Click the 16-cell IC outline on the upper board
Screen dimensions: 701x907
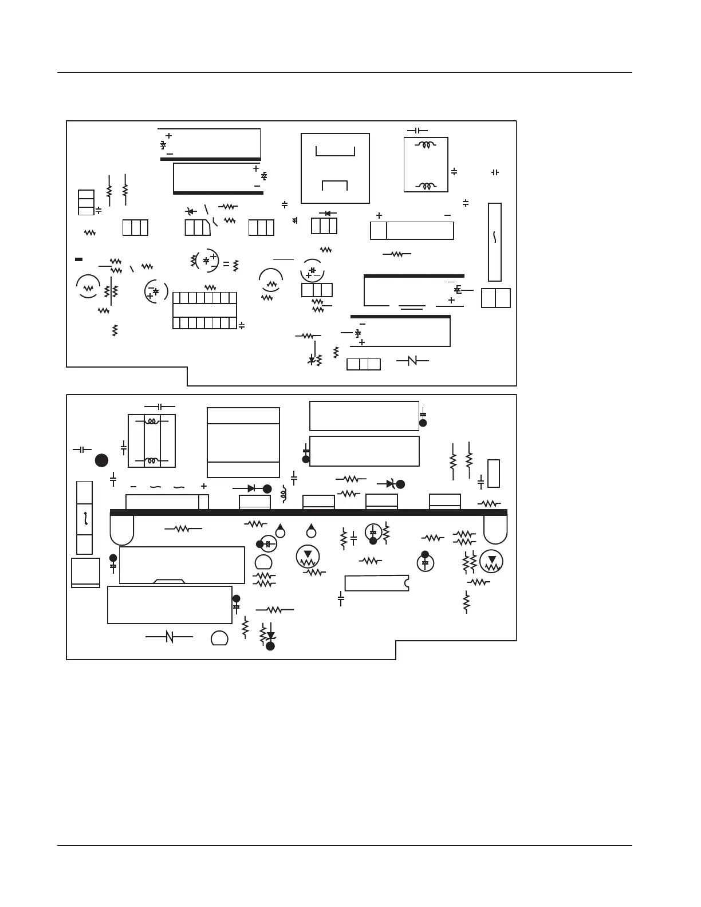coord(204,310)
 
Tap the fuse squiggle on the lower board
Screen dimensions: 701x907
coord(85,518)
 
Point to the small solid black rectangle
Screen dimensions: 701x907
coord(79,259)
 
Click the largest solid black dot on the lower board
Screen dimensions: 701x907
coord(101,460)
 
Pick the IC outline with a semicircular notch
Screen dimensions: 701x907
coord(376,583)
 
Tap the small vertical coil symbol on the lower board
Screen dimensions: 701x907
coord(283,494)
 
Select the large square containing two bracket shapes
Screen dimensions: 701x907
coord(335,168)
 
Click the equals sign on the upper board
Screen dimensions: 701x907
coord(226,265)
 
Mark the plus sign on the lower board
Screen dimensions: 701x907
coord(203,486)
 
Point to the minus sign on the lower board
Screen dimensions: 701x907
coord(133,486)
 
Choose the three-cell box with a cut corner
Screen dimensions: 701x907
coord(198,227)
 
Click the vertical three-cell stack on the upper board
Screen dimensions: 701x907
coord(86,203)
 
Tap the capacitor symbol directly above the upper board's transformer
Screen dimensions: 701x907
coord(417,131)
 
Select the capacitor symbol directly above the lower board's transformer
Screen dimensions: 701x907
coord(160,406)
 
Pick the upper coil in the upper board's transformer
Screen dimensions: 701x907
coord(426,145)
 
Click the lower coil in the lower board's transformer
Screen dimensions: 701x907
coord(151,460)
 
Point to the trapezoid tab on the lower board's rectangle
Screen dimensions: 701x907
coord(169,581)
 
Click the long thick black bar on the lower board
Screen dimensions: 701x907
coord(308,512)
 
